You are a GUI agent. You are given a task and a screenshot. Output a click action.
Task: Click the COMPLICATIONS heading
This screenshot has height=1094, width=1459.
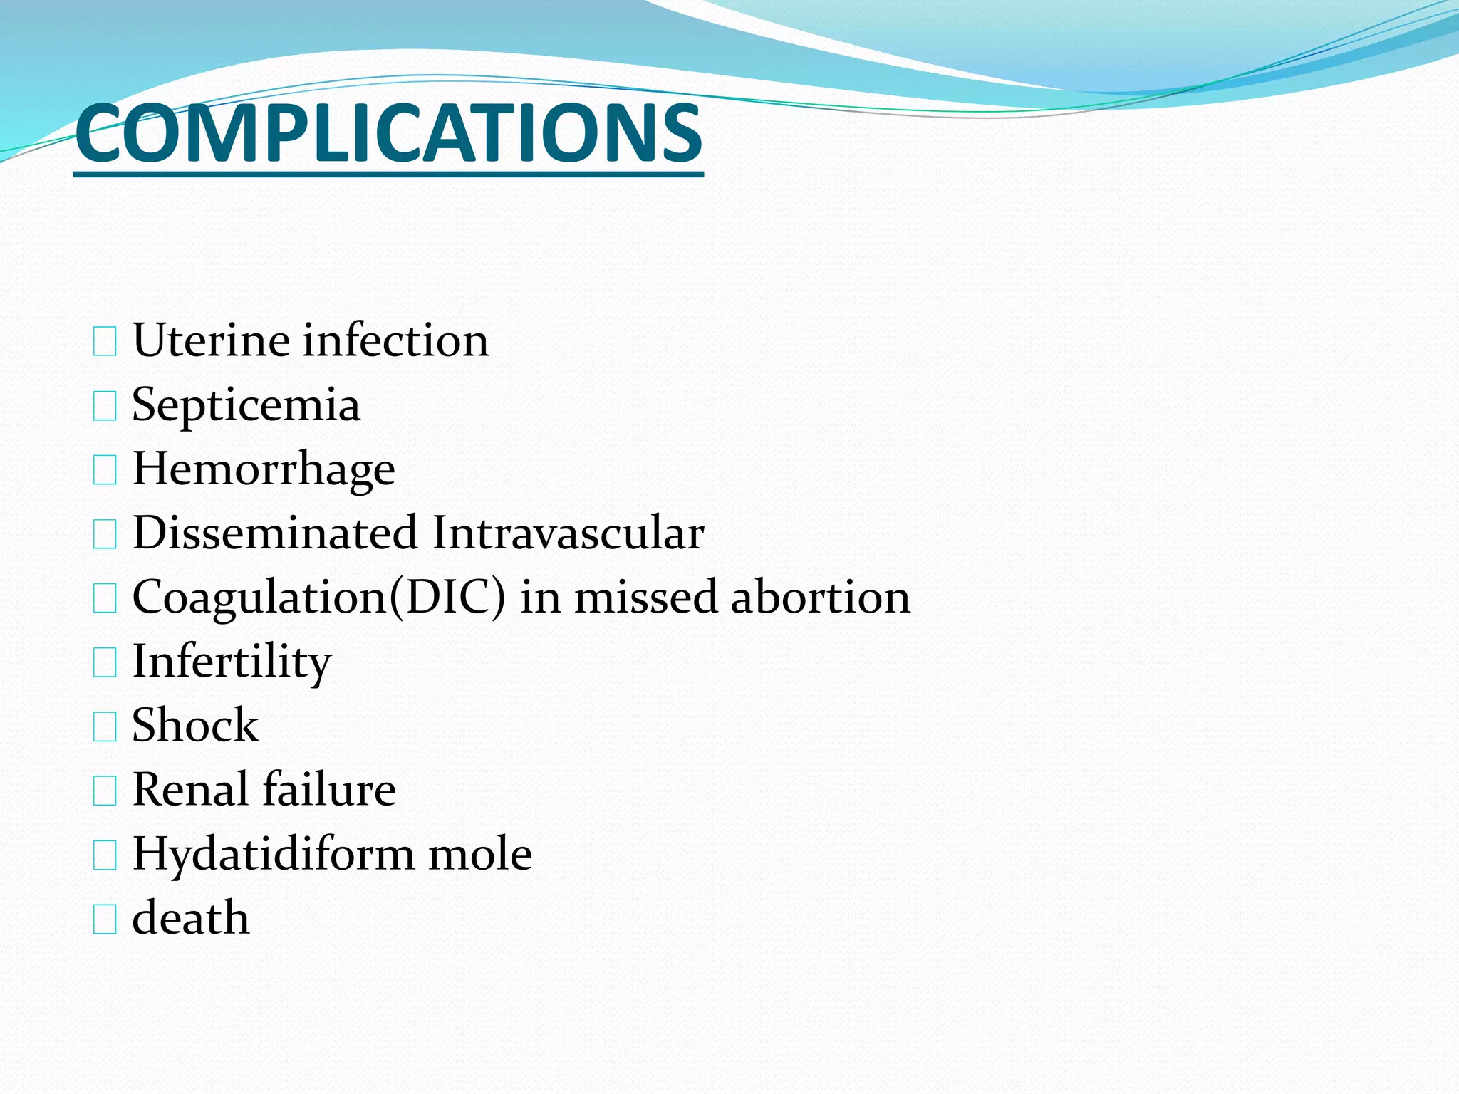[388, 134]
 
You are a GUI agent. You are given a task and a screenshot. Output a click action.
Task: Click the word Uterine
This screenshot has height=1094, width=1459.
[210, 340]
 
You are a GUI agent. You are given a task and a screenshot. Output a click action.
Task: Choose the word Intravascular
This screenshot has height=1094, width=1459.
[568, 533]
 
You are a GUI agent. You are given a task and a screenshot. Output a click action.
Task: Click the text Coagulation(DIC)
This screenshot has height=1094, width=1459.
[318, 597]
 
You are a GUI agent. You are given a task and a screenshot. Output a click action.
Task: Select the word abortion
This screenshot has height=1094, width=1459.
[820, 597]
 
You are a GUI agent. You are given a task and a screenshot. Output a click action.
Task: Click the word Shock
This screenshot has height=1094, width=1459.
[195, 725]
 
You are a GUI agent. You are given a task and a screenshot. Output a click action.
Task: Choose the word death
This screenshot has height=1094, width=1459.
[191, 917]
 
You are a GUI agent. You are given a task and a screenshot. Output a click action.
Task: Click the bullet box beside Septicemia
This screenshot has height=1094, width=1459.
[105, 407]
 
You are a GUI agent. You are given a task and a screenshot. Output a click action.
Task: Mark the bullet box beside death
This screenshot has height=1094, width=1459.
[105, 920]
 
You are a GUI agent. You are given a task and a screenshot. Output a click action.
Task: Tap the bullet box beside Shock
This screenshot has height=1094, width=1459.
[105, 727]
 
